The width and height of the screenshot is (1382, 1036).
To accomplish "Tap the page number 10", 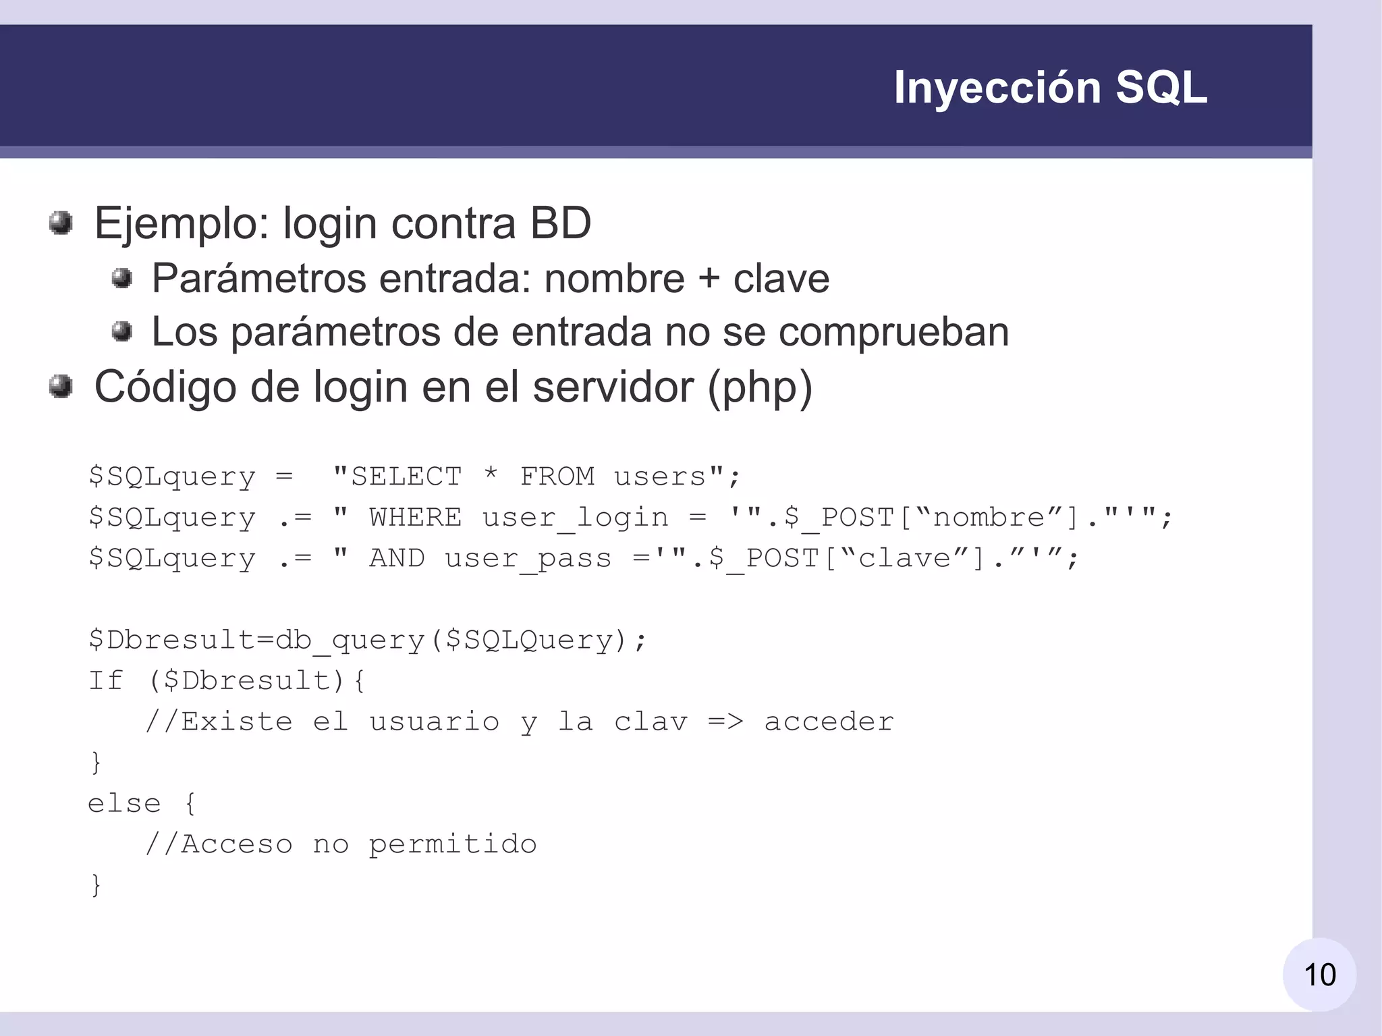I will click(x=1319, y=975).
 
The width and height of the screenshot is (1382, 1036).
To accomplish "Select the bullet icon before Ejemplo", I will click(x=61, y=223).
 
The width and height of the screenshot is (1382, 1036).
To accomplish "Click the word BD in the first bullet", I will click(x=560, y=223).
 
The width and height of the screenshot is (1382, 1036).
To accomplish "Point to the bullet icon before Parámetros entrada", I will click(x=121, y=277).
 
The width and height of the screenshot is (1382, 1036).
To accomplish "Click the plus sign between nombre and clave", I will click(x=709, y=279).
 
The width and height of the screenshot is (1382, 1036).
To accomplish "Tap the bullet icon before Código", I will click(x=61, y=387).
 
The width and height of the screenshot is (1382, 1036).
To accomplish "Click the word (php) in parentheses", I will click(x=760, y=387).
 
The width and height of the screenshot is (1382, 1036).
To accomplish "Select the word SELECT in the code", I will click(x=406, y=476).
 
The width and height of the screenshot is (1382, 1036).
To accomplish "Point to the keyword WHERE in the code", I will click(x=415, y=518).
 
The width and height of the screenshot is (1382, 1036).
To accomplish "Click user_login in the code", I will click(x=575, y=518).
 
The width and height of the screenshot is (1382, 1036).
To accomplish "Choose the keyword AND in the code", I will click(x=397, y=558).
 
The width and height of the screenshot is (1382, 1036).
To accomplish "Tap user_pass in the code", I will click(x=528, y=559).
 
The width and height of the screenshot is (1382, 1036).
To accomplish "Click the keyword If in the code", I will click(x=105, y=680).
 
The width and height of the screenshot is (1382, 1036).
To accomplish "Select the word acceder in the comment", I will click(x=829, y=721).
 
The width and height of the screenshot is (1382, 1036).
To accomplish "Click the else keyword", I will click(x=124, y=803).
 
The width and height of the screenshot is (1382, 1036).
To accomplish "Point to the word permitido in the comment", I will click(x=452, y=844).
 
